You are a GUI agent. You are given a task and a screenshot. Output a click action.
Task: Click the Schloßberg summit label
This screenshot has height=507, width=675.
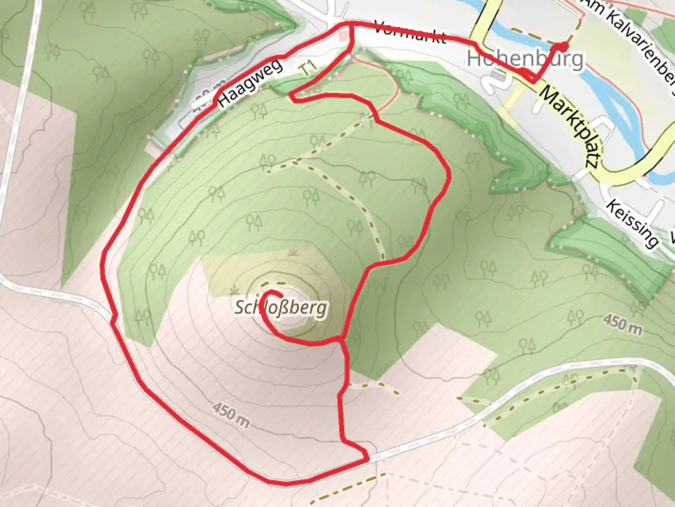[281, 308]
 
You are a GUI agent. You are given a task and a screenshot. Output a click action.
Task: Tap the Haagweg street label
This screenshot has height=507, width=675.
[251, 82]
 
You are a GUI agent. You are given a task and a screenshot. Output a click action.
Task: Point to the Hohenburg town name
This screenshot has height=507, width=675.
[525, 59]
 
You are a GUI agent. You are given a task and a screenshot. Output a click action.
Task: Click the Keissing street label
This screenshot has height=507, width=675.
[632, 223]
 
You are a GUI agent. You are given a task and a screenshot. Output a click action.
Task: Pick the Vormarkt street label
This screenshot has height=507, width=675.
[410, 32]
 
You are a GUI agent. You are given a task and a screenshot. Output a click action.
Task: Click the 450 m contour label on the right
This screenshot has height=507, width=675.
[622, 324]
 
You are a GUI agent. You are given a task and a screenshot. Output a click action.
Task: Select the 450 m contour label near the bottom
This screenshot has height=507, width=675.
[231, 414]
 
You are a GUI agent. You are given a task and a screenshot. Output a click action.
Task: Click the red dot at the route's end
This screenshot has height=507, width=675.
[563, 46]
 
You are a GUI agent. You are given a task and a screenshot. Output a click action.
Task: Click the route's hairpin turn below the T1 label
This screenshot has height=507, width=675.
[291, 97]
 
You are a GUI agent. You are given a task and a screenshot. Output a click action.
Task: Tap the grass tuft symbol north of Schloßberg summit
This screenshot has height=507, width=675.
[294, 253]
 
